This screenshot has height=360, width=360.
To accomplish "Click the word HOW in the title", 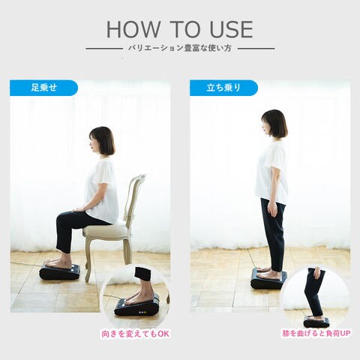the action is coord(133,29).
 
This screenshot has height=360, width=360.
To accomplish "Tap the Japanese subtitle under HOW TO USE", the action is coord(179,48).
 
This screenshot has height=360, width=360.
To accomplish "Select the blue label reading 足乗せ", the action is coord(43,88).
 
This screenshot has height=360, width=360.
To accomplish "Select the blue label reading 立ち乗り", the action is coord(223,88).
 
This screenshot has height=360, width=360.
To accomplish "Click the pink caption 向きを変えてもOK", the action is coord(135,334).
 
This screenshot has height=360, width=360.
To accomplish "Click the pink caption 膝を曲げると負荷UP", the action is coord(316,333).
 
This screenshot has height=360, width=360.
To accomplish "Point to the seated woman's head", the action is coord(102,142).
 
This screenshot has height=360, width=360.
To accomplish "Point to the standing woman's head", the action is coord(274,125).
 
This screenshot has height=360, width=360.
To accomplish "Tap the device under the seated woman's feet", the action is coord(59,271).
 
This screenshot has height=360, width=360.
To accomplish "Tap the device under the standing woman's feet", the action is coord(268,280).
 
